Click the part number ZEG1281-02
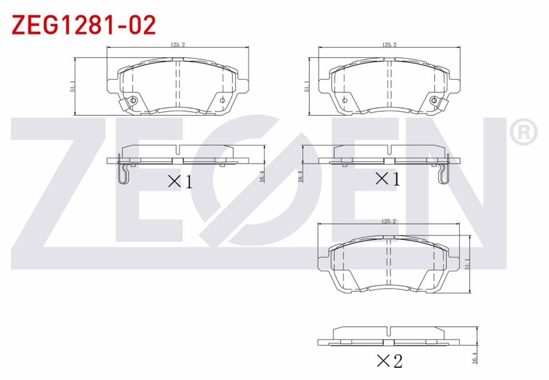83,25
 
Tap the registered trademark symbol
524,132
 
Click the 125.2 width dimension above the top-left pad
177,44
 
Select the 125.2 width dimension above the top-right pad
389,44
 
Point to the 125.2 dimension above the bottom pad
388,221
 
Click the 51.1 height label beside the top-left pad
72,86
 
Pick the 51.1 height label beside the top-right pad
307,86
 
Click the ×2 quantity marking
389,361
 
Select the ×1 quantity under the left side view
180,182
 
